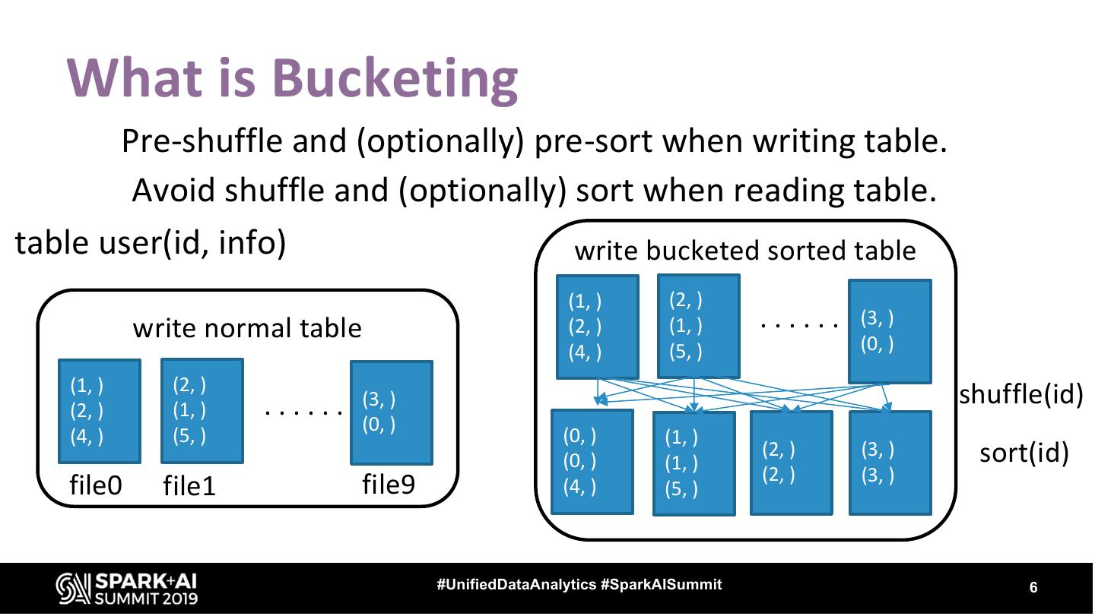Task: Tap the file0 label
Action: [96, 485]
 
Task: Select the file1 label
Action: [189, 487]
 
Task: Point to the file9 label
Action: [389, 484]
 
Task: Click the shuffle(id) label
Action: [1020, 395]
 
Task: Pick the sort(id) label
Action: [1024, 453]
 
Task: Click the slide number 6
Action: [1033, 587]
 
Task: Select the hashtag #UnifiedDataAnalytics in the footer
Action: [516, 585]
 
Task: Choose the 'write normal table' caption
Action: [247, 328]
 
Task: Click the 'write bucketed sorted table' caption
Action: [745, 250]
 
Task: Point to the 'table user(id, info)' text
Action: [151, 243]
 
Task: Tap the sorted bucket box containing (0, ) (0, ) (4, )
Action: [592, 462]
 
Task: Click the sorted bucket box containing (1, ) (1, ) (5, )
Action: [694, 463]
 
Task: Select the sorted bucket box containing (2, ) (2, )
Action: [791, 463]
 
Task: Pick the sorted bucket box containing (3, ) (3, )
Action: [890, 463]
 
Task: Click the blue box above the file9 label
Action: [391, 412]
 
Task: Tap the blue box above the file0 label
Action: [100, 411]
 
